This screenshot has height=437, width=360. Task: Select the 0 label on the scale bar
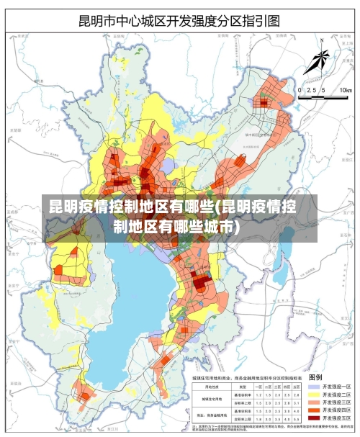300,90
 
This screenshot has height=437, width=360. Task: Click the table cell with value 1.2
258,394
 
